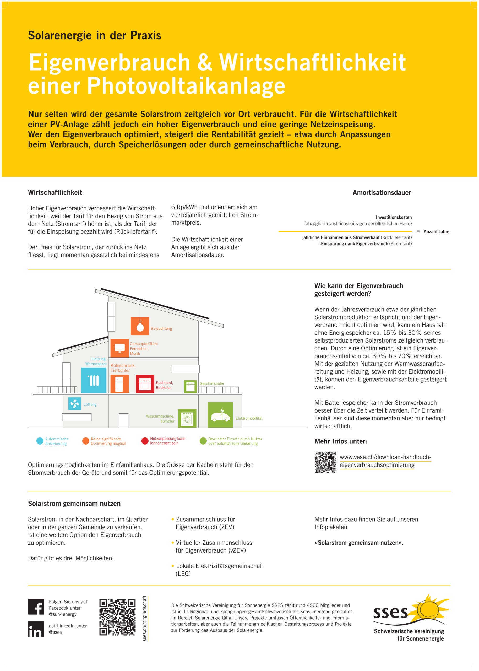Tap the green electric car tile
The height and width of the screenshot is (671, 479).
coord(220,414)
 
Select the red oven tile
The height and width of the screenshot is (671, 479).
coord(145,383)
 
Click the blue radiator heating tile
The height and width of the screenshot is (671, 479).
coord(94,380)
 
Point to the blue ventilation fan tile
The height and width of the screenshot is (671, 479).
coord(75,403)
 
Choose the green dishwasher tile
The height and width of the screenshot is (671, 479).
coord(190,386)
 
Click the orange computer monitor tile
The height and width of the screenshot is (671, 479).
coord(119,348)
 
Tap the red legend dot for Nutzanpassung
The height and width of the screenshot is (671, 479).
coord(145,441)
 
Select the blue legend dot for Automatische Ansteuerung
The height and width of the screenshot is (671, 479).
coord(40,441)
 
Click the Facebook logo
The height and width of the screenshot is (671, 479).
coord(36,607)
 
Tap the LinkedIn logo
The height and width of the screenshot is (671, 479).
coord(36,629)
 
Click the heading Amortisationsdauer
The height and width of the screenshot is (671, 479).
coord(382,193)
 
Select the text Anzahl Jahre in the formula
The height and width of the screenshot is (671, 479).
coord(436,231)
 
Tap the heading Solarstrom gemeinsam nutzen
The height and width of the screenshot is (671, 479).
coord(74,504)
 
